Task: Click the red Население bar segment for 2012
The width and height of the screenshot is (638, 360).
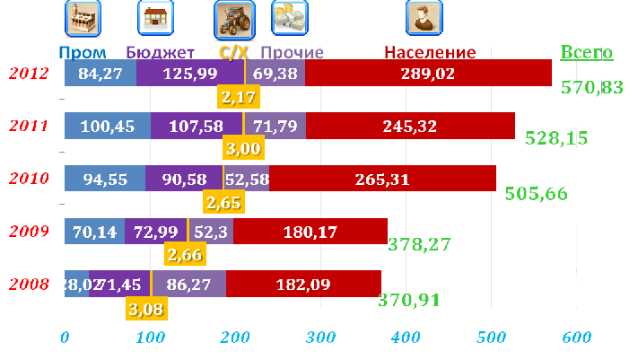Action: coord(428,74)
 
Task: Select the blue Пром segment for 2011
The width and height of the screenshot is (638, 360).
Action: coord(107,127)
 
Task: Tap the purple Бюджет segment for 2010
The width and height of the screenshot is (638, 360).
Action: coord(184,180)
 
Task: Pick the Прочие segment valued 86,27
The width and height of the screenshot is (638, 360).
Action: coord(188,285)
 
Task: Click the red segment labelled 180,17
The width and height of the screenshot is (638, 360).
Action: coord(310,233)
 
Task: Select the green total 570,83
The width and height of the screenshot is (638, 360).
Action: coord(590,87)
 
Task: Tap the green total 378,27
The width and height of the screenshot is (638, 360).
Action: coord(419,244)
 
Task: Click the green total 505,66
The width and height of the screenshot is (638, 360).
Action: coord(536,192)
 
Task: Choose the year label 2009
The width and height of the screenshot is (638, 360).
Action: coord(30,232)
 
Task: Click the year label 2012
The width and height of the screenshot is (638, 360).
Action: coord(30,73)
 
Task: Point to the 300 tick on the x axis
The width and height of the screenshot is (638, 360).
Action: coord(320,338)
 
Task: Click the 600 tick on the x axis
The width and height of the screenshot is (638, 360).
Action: coord(577,338)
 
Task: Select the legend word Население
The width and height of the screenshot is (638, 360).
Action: coord(430,53)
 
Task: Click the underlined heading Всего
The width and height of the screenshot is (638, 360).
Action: coord(586,52)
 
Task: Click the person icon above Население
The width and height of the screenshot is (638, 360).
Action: coord(423,17)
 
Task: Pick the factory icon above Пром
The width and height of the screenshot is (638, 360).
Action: coord(83,17)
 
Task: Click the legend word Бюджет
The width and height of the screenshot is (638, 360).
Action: coord(161,53)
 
